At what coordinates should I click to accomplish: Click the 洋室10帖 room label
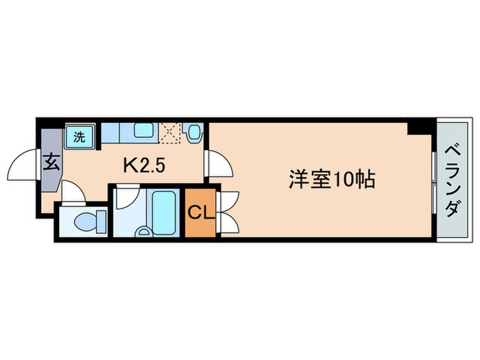331,180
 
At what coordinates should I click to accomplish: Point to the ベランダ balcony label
452,180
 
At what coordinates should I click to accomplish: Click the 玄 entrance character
51,164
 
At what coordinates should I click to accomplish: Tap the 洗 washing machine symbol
80,136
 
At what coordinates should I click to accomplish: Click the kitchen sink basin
144,131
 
